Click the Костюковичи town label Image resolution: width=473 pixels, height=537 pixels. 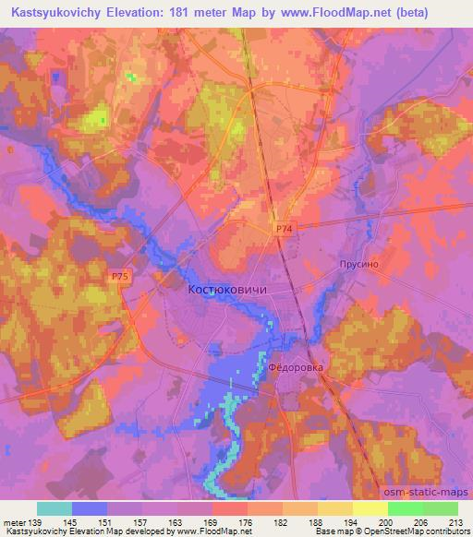point(227,290)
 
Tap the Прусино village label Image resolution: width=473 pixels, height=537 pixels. point(359,262)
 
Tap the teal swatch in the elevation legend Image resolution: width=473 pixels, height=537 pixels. point(55,508)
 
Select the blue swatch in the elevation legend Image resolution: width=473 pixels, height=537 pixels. point(90,508)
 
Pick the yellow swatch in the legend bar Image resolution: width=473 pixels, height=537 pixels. point(370,508)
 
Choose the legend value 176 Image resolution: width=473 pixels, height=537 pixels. point(247,522)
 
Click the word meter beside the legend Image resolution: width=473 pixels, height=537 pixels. point(16,522)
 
